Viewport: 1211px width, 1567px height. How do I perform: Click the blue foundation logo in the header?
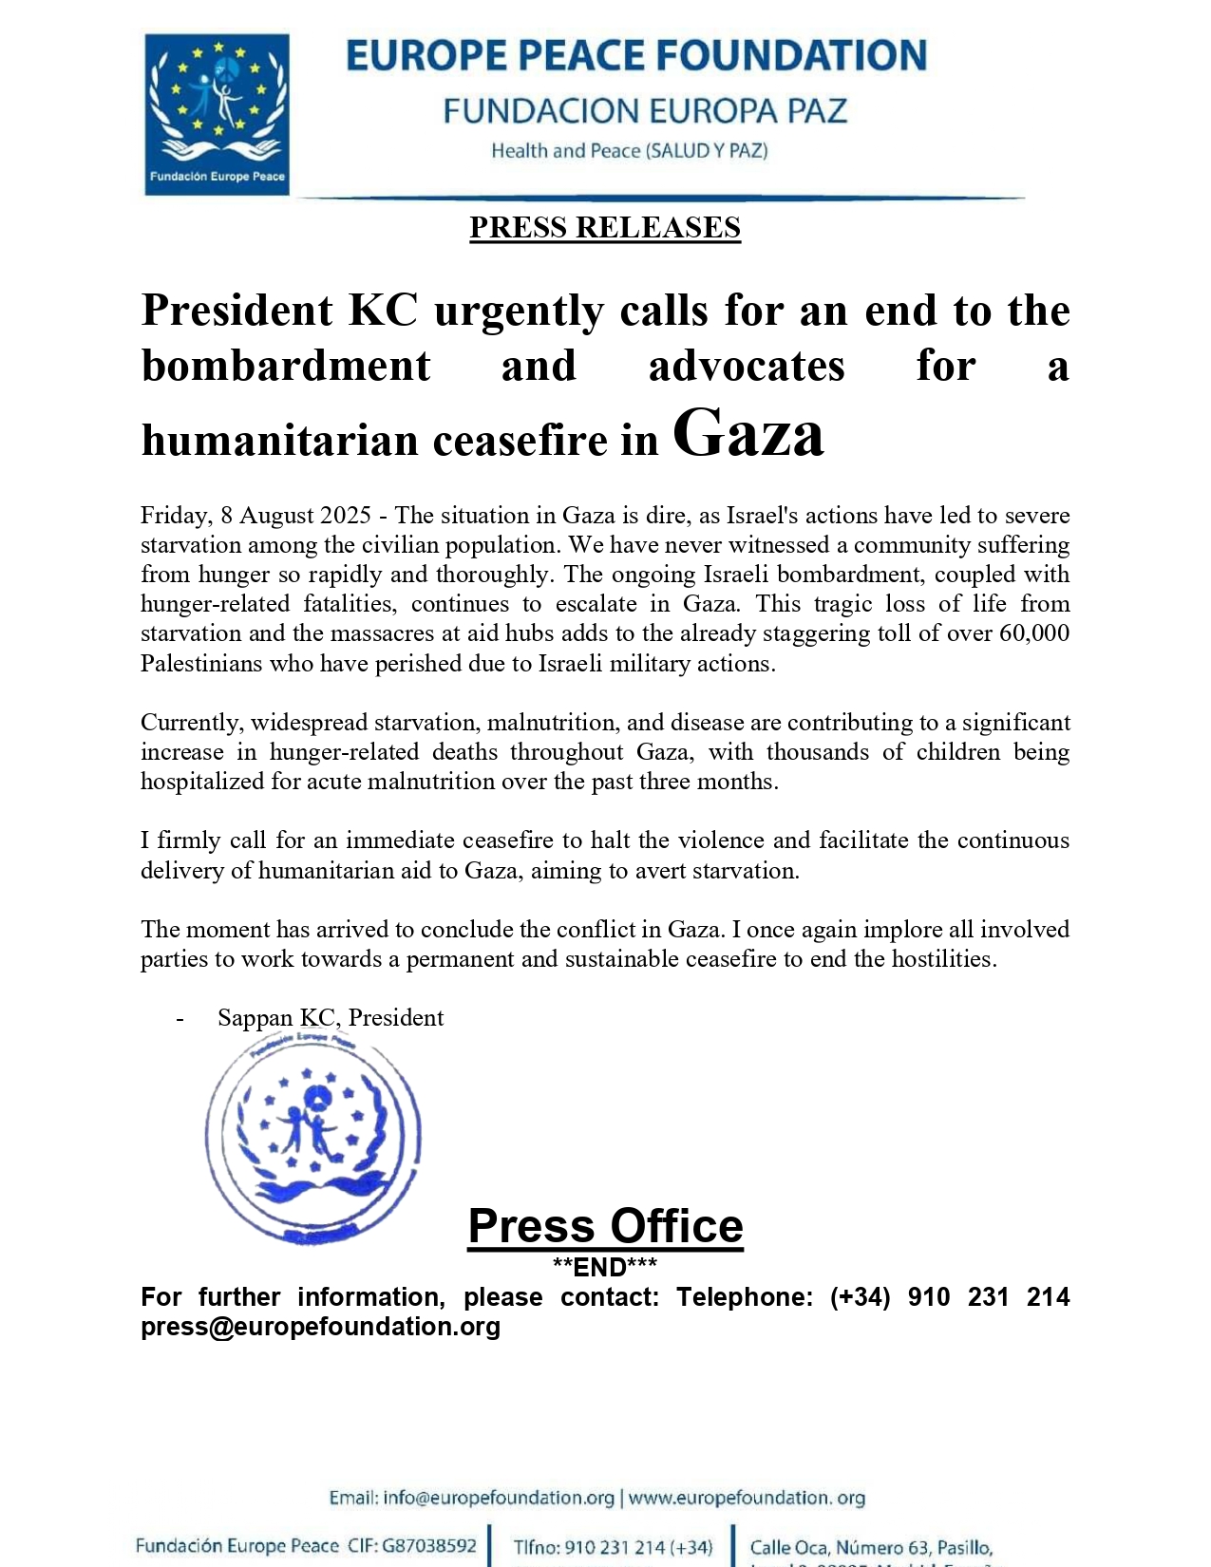(217, 114)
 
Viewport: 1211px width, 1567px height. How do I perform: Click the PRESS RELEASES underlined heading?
(605, 228)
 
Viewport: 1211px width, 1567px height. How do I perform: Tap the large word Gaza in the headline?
(747, 434)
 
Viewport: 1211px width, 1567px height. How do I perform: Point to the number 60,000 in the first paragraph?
(1034, 633)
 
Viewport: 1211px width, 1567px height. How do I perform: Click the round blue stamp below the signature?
(312, 1137)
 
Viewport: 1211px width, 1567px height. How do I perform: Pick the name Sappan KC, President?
(331, 1018)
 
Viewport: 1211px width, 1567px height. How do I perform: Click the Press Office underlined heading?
(605, 1226)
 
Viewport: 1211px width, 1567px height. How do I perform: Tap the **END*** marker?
(605, 1267)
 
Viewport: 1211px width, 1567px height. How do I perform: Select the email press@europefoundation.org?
(320, 1327)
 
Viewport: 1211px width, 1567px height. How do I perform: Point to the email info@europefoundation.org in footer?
(499, 1499)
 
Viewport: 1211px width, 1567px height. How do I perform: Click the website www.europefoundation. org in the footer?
(747, 1499)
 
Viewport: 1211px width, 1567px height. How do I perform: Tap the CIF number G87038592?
(429, 1546)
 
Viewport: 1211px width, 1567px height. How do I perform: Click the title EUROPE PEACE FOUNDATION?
(636, 56)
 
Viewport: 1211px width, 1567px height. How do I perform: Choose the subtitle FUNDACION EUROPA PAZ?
(645, 111)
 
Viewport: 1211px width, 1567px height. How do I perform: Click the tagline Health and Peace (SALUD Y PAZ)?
(629, 151)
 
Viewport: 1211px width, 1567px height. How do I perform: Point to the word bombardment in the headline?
(286, 367)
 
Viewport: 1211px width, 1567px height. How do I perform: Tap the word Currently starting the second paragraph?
(190, 723)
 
